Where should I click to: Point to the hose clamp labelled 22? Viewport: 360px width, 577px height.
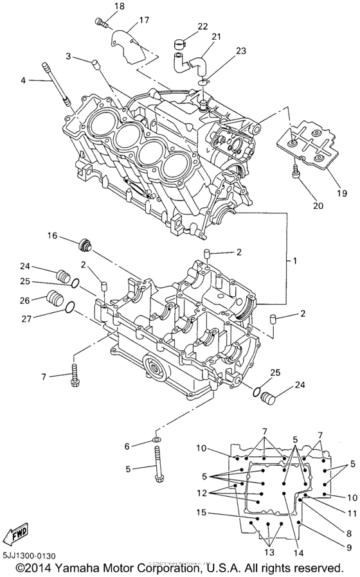[x=181, y=44]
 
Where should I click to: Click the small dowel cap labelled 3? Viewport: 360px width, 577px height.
[x=95, y=63]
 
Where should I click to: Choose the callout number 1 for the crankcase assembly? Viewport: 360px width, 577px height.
[x=295, y=262]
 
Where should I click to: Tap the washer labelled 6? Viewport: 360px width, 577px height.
[x=156, y=439]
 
